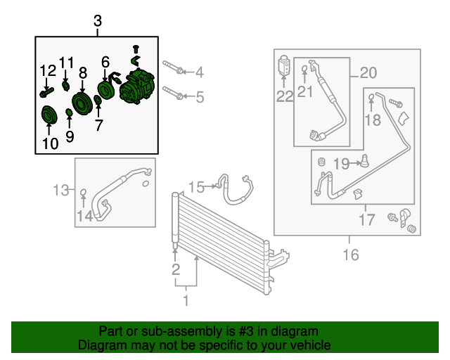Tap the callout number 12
coord(47,70)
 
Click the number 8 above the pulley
coord(82,72)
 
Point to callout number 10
coord(50,145)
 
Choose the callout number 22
coord(284,97)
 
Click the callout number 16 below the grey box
coord(349,254)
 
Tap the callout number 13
coord(62,189)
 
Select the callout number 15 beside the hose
coord(196,186)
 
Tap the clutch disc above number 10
coord(49,114)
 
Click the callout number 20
coord(368,72)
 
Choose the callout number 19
coord(341,164)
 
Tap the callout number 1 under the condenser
coord(186,302)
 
